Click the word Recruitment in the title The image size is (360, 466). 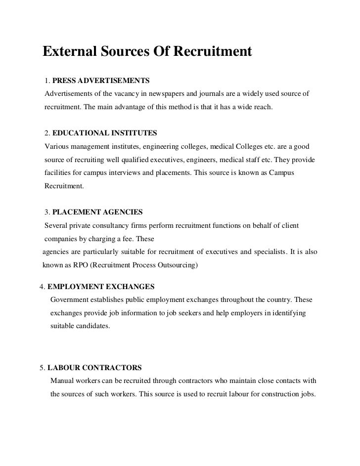click(213, 52)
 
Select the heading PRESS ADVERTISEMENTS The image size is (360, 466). click(100, 80)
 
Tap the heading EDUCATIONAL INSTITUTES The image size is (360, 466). click(104, 133)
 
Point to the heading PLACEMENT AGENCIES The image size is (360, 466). click(97, 212)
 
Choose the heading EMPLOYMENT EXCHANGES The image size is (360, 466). click(101, 287)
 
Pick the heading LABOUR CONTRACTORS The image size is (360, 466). click(94, 368)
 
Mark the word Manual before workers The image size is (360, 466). click(62, 381)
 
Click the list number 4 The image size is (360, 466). click(42, 287)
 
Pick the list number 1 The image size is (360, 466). click(46, 80)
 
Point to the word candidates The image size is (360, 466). click(94, 327)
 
